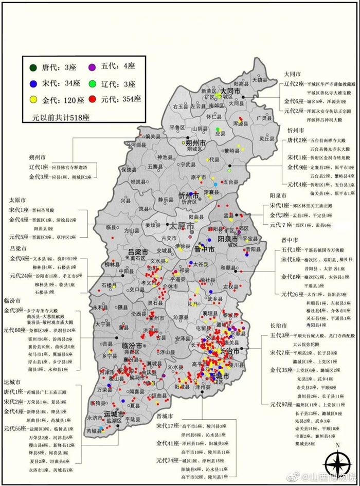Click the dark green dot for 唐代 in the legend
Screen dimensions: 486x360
click(32, 67)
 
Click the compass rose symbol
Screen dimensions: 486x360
click(337, 463)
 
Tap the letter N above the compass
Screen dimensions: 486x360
click(337, 445)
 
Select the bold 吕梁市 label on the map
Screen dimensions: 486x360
click(139, 252)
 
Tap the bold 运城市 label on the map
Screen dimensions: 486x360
click(114, 415)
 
